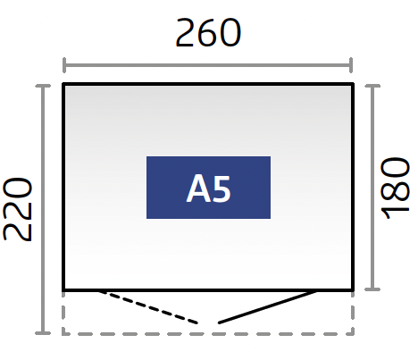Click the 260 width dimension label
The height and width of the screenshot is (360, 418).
[x=208, y=32]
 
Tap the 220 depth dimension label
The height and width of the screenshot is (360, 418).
[x=17, y=209]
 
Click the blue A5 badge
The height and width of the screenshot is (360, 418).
[x=208, y=188]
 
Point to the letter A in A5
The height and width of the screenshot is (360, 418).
[x=196, y=188]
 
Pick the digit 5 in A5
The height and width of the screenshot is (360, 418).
[x=221, y=188]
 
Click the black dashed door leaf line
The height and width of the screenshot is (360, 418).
[x=148, y=306]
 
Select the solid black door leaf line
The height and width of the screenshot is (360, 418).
[x=267, y=306]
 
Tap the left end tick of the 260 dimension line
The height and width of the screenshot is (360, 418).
[x=64, y=65]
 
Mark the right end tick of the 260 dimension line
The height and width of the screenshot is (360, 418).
[x=352, y=65]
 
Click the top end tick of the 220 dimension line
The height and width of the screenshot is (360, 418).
[x=43, y=86]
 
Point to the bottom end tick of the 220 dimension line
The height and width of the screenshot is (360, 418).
[x=43, y=333]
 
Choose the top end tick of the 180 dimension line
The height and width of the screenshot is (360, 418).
[x=372, y=86]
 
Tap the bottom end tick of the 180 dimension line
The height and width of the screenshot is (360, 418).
[x=372, y=289]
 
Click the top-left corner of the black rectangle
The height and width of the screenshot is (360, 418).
[x=63, y=84]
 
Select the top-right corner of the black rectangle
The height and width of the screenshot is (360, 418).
[x=353, y=84]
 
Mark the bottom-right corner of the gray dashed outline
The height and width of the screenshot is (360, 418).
[x=353, y=334]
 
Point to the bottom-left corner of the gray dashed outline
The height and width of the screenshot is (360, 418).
[x=63, y=334]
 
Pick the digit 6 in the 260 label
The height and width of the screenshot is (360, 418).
[x=208, y=32]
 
